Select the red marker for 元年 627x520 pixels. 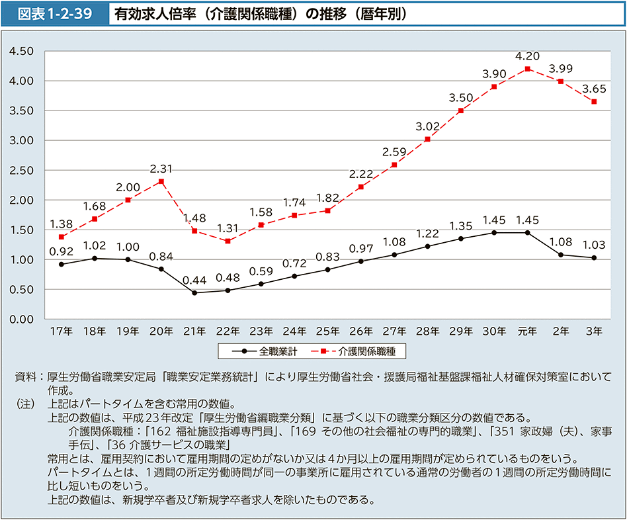(527, 69)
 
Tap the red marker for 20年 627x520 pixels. (161, 181)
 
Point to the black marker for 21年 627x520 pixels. (194, 292)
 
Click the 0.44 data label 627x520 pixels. (194, 279)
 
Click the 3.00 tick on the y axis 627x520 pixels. (23, 140)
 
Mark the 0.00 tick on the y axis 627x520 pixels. (23, 319)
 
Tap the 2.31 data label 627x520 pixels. (161, 168)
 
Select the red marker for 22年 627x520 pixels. (227, 241)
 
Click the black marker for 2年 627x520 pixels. (560, 255)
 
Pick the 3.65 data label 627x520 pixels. (594, 89)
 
